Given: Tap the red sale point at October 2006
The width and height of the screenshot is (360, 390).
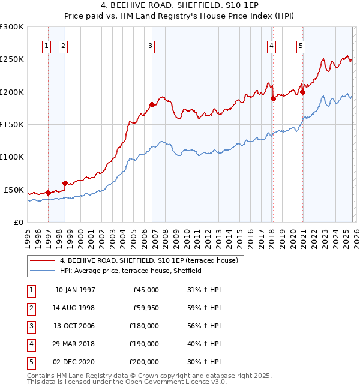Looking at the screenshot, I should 152,105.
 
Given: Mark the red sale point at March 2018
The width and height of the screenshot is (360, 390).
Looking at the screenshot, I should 273,98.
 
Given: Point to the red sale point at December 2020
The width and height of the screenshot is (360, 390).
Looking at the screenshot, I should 302,92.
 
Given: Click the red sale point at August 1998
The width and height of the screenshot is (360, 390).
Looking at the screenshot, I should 65,183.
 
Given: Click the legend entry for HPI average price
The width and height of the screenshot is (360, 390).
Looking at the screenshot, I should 130,271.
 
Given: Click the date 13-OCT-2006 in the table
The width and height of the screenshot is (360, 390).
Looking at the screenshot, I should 74,326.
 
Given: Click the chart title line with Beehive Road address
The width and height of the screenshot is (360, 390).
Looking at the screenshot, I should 179,5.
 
